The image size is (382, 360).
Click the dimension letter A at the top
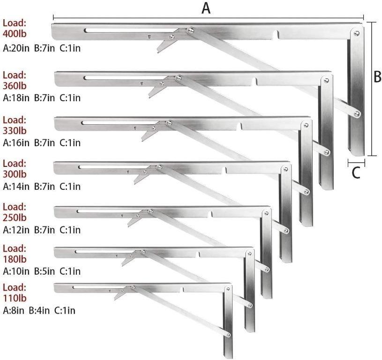[206, 8]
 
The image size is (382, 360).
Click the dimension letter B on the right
[377, 77]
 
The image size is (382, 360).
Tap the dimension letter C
[356, 173]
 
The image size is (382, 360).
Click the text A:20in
[17, 48]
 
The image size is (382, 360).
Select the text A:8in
[15, 310]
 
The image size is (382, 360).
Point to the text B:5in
[45, 271]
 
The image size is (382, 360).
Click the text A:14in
[17, 187]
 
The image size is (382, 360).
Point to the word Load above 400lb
[15, 22]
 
